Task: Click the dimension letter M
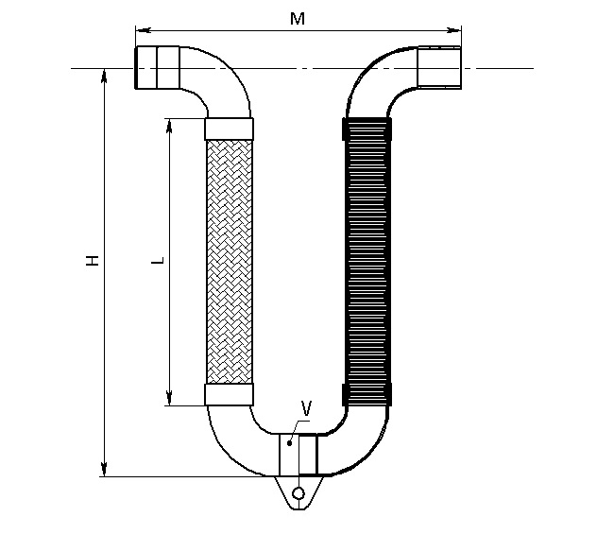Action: point(298,18)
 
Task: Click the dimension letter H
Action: point(93,261)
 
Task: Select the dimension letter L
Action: point(158,261)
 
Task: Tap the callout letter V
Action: point(306,408)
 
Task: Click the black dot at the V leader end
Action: point(289,443)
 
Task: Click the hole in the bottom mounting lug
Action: point(298,493)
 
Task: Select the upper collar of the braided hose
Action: point(229,129)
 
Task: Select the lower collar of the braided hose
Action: point(229,395)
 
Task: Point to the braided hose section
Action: point(229,262)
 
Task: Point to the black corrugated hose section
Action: point(367,262)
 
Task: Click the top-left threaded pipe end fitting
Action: point(157,67)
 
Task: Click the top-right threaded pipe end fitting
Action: point(439,67)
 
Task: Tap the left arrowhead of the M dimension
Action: point(143,30)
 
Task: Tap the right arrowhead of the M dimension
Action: point(453,30)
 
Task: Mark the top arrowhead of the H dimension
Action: point(104,76)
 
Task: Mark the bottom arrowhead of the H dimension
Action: point(104,469)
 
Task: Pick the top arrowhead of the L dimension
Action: point(169,126)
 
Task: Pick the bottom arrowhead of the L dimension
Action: point(169,399)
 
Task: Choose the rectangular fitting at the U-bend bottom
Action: point(298,455)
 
